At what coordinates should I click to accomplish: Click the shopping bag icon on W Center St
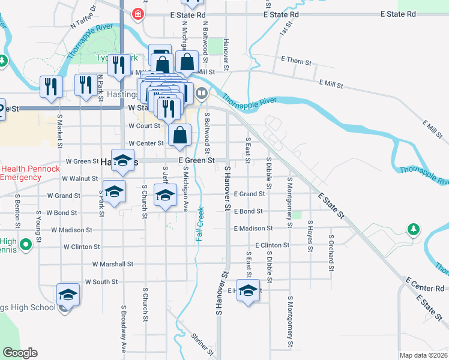179,136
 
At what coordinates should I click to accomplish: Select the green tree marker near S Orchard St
413,229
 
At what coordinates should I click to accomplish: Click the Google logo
20,353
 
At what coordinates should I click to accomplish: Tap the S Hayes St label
310,233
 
